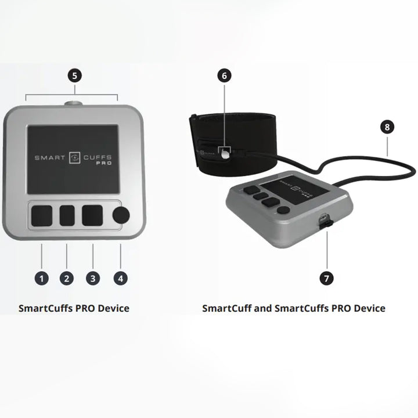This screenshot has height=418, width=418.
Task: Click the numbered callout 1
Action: coord(41,278)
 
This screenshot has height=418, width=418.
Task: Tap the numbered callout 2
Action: coord(67,278)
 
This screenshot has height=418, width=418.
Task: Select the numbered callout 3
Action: coord(92,278)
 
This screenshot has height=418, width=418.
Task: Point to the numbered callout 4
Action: coord(120,278)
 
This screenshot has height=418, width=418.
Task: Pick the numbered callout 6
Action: coord(225,75)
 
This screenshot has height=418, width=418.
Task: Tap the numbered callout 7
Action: coord(327,278)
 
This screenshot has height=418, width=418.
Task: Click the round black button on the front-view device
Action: coord(121,215)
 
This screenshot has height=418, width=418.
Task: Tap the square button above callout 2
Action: coord(67,215)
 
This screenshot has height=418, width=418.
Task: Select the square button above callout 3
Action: coord(92,215)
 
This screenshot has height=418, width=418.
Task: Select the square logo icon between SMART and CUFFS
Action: coord(73,157)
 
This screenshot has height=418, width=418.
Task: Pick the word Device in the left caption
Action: coord(113,308)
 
